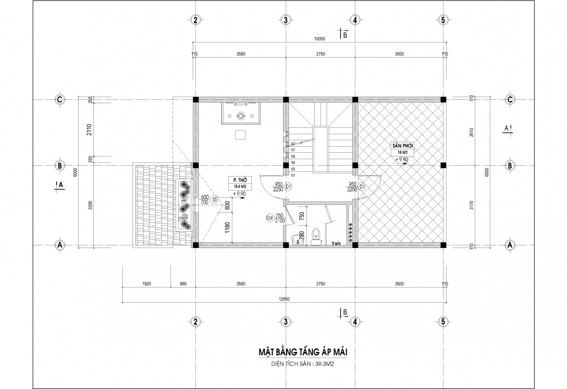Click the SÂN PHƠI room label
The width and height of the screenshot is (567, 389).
(403, 146)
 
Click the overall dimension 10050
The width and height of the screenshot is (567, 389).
(319, 39)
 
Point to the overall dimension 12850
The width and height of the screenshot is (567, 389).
(284, 299)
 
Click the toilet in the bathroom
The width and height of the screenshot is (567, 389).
(316, 237)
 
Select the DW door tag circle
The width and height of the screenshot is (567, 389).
(271, 218)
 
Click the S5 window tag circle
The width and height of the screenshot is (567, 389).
(215, 200)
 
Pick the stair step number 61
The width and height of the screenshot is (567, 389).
(293, 175)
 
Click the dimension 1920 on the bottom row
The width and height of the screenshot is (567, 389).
(147, 284)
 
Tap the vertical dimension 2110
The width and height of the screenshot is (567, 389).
(89, 129)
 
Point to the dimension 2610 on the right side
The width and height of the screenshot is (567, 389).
(471, 132)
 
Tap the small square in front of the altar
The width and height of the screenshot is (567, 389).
(240, 135)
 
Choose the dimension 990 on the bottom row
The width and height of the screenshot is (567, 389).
(183, 284)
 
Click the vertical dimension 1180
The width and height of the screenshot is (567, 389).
(227, 228)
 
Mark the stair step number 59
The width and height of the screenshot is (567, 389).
(293, 163)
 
